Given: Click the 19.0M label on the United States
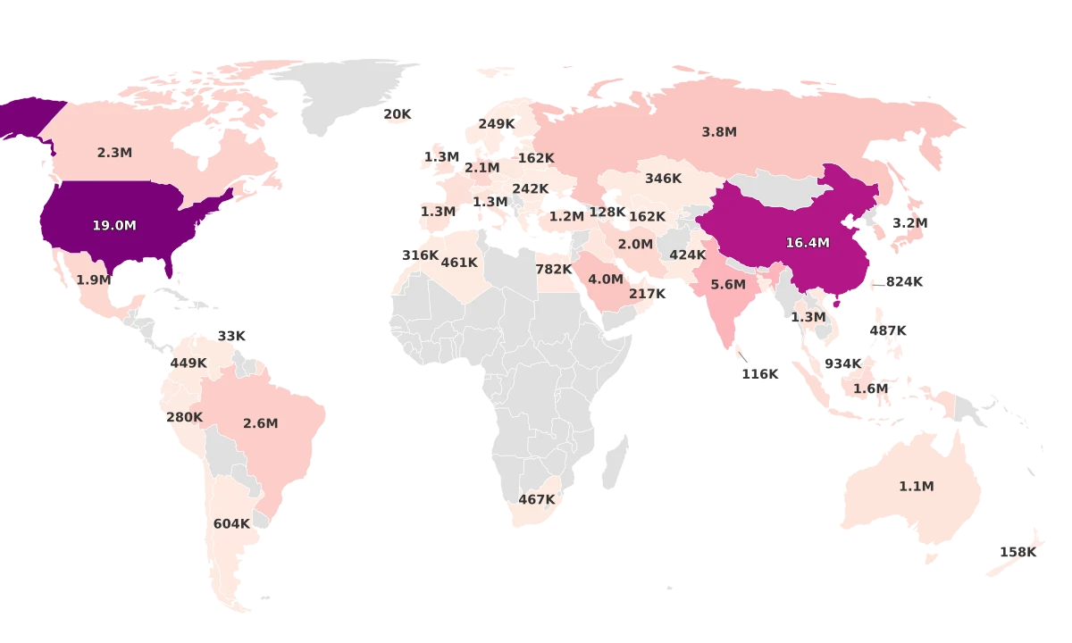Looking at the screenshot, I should coord(114,226).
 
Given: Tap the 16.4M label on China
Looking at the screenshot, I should coord(808,243).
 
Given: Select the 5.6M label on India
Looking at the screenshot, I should coord(728,285).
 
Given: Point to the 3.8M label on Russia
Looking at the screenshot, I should coord(719,132).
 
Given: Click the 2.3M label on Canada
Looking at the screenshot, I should coord(114,153).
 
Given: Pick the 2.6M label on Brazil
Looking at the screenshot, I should coord(261,423).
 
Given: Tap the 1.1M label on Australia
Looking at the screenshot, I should coord(917,487).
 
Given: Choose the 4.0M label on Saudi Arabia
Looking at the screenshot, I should coord(606,280).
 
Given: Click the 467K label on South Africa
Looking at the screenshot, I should coord(537,499).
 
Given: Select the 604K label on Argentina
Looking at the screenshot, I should coord(231,524).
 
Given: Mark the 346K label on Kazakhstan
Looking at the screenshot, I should coord(664,179).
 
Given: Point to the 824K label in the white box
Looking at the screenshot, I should coord(904,282).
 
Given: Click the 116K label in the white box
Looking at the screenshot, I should coord(760,374).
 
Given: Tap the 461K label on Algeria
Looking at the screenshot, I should coord(459,263).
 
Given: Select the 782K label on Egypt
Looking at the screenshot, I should coord(554,270).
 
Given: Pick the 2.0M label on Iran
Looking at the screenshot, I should coord(635,245).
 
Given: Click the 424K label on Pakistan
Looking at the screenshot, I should coord(688,255).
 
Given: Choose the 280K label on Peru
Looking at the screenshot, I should coord(185,417).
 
